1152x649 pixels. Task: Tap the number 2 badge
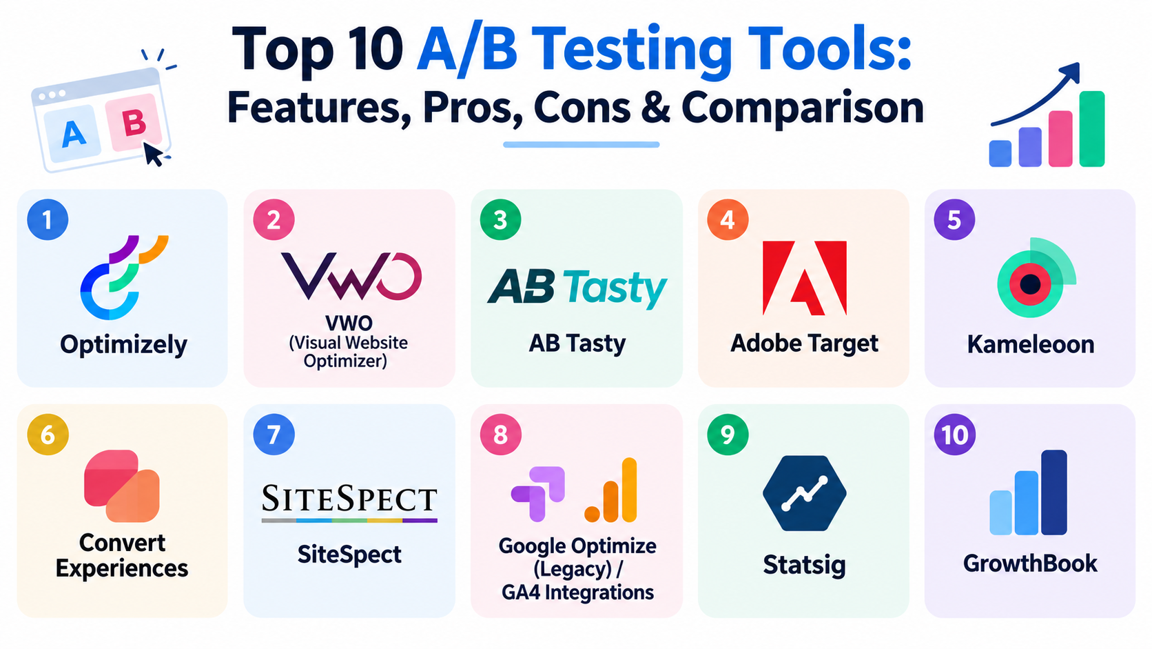[x=274, y=220]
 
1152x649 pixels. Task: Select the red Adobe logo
[x=804, y=278]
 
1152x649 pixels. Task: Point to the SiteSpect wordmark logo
[x=349, y=503]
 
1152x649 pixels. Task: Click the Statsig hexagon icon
[x=804, y=493]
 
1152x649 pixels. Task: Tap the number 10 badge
[x=954, y=435]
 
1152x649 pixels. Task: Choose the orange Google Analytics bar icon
[x=611, y=490]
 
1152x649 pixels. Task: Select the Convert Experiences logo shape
[x=121, y=486]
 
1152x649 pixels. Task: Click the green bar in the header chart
[x=1092, y=129]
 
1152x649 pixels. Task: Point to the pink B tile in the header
[x=134, y=123]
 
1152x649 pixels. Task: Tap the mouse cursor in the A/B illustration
[x=153, y=154]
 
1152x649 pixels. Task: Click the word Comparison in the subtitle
[x=802, y=108]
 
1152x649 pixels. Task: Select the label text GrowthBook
[x=1030, y=563]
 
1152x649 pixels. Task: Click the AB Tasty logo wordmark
[x=577, y=287]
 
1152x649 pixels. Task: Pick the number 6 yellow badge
[x=48, y=435]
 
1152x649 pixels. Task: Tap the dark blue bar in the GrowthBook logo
[x=1053, y=492]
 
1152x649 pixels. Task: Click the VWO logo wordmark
[x=351, y=276]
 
